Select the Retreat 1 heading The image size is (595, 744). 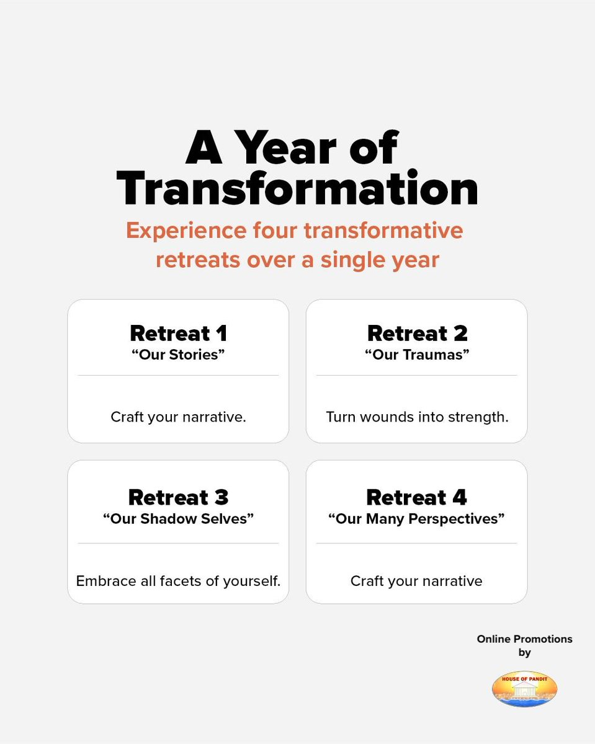(178, 334)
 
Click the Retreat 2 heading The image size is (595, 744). (417, 334)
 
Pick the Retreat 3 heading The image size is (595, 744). (178, 497)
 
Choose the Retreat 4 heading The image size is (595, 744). (417, 497)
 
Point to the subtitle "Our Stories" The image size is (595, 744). (178, 355)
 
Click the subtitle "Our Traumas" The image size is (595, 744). (417, 355)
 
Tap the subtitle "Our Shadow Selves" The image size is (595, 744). (178, 518)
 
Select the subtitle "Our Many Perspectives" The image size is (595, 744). (417, 518)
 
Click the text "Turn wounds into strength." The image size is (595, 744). (417, 417)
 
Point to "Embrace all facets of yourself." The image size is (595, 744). (178, 581)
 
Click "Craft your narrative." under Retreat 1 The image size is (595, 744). (178, 417)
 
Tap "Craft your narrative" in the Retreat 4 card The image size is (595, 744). (417, 581)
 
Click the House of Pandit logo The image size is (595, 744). (524, 689)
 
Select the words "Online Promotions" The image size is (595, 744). (524, 639)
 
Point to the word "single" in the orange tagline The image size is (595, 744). (352, 260)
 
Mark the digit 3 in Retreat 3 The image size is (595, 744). (221, 497)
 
